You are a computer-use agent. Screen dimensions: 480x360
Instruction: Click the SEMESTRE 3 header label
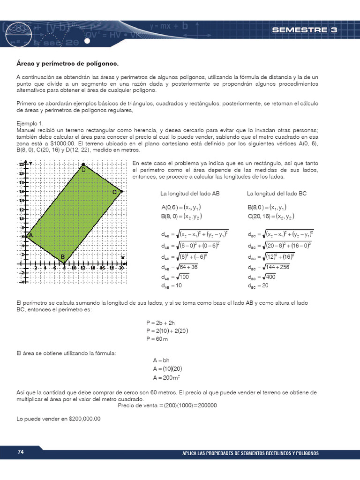pyautogui.click(x=304, y=30)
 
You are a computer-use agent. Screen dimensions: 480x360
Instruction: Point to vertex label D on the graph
pyautogui.click(x=83, y=170)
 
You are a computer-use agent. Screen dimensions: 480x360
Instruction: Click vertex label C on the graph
pyautogui.click(x=114, y=192)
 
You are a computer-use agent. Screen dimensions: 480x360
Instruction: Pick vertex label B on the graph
pyautogui.click(x=62, y=257)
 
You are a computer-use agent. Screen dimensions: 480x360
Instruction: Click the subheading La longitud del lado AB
pyautogui.click(x=190, y=193)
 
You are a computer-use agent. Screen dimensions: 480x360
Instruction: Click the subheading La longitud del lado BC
pyautogui.click(x=277, y=193)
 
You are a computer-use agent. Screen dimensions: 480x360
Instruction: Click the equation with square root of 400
pyautogui.click(x=262, y=277)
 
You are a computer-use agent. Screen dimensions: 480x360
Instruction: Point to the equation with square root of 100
pyautogui.click(x=176, y=277)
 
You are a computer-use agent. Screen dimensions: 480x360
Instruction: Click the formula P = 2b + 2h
pyautogui.click(x=160, y=323)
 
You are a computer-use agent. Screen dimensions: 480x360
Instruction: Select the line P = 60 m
pyautogui.click(x=157, y=338)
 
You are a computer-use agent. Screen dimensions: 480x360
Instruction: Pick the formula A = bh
pyautogui.click(x=161, y=360)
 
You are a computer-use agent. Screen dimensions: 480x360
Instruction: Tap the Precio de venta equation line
pyautogui.click(x=167, y=405)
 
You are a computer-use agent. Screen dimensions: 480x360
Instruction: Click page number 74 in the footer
pyautogui.click(x=21, y=452)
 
